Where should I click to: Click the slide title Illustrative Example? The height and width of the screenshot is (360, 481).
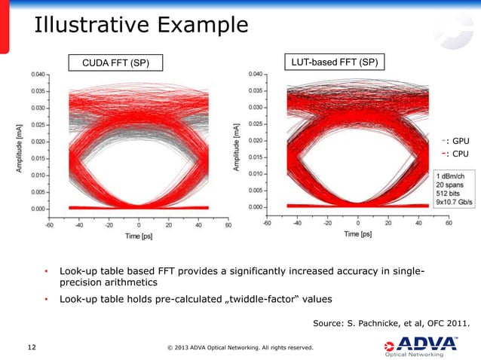pyautogui.click(x=140, y=26)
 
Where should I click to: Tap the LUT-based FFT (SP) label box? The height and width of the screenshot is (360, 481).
pyautogui.click(x=335, y=60)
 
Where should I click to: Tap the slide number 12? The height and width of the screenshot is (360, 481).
pyautogui.click(x=32, y=347)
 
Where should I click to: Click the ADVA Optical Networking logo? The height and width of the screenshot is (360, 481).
pyautogui.click(x=426, y=346)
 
